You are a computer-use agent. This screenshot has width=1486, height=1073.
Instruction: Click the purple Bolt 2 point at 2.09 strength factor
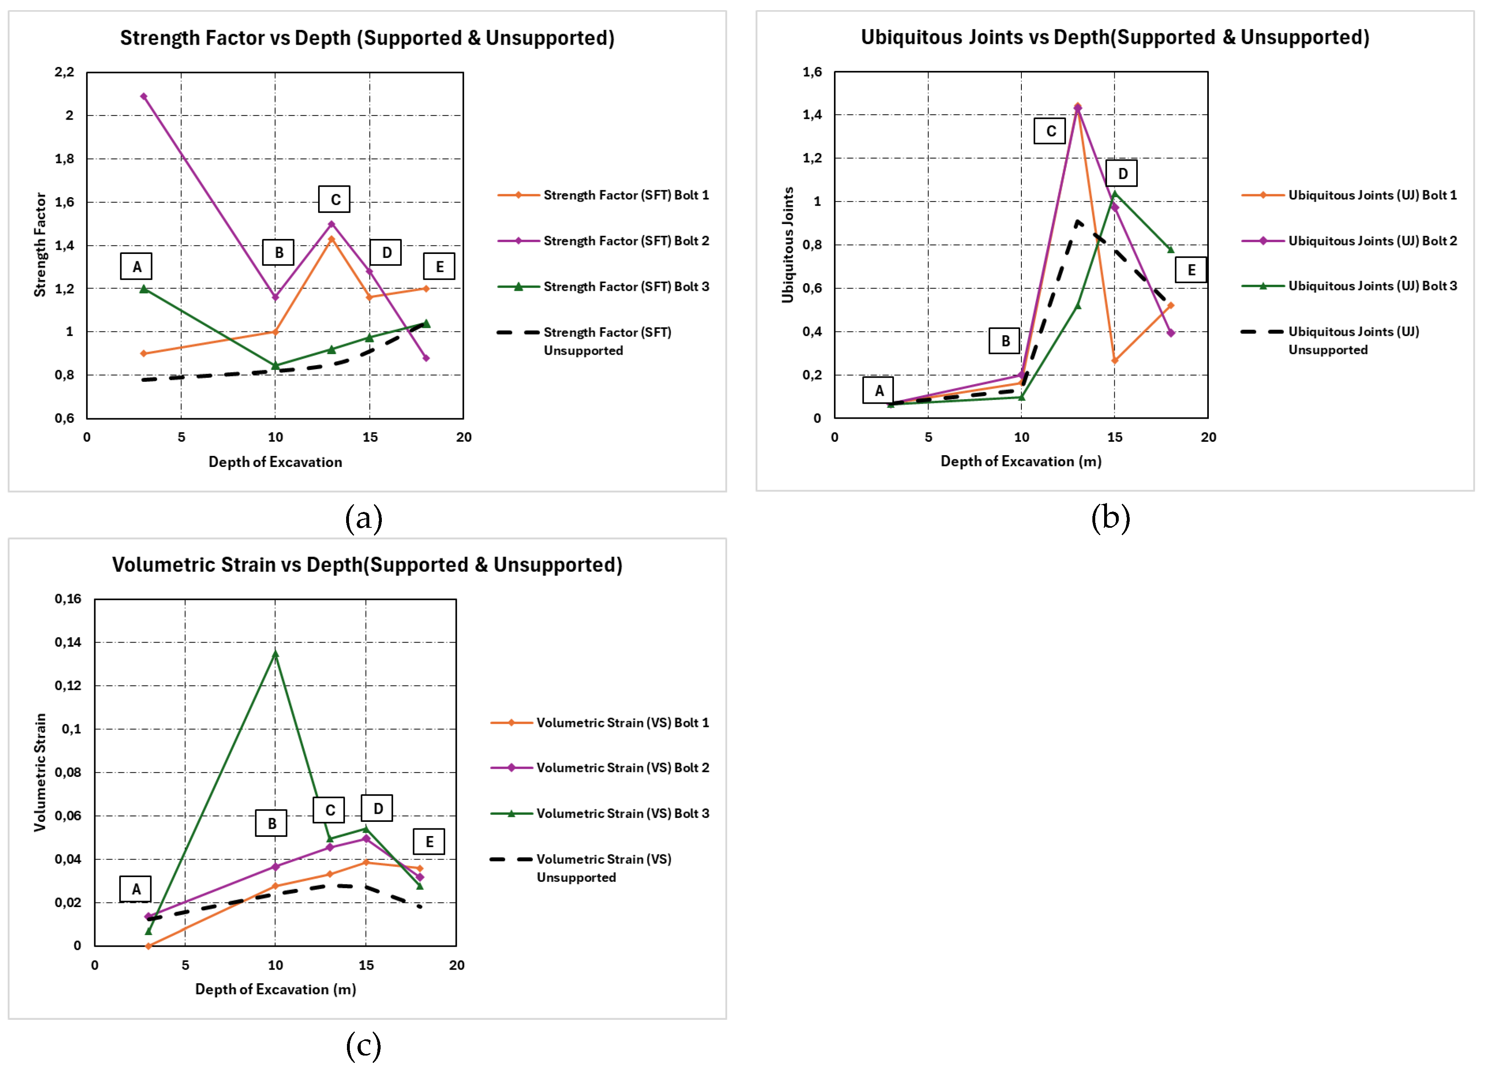coord(144,96)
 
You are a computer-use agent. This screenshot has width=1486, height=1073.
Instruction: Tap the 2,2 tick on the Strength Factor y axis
coord(64,72)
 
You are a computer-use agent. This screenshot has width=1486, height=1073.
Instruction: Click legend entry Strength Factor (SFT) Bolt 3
coord(626,286)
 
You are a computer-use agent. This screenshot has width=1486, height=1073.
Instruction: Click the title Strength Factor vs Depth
coord(367,38)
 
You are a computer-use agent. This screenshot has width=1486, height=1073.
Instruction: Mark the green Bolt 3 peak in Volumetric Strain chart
coord(275,653)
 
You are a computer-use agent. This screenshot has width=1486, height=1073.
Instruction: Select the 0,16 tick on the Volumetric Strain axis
coord(68,599)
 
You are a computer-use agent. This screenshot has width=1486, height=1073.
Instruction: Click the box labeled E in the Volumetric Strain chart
coord(429,842)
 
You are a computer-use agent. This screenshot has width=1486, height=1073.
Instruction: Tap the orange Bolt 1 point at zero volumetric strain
coord(149,946)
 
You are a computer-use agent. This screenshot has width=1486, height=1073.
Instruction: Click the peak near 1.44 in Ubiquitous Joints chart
coord(1077,107)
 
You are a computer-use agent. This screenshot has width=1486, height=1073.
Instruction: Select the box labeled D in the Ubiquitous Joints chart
coord(1122,174)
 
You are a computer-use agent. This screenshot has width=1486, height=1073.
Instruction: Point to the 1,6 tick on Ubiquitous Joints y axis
coord(812,72)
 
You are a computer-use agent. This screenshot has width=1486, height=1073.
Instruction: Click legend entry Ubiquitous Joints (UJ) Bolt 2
coord(1372,241)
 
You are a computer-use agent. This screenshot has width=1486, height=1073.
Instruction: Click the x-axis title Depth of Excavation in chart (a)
coord(275,462)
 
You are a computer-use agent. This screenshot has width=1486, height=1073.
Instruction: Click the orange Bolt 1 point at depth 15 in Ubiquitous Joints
coord(1114,360)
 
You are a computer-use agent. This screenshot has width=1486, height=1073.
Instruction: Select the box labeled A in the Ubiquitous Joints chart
coord(878,390)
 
